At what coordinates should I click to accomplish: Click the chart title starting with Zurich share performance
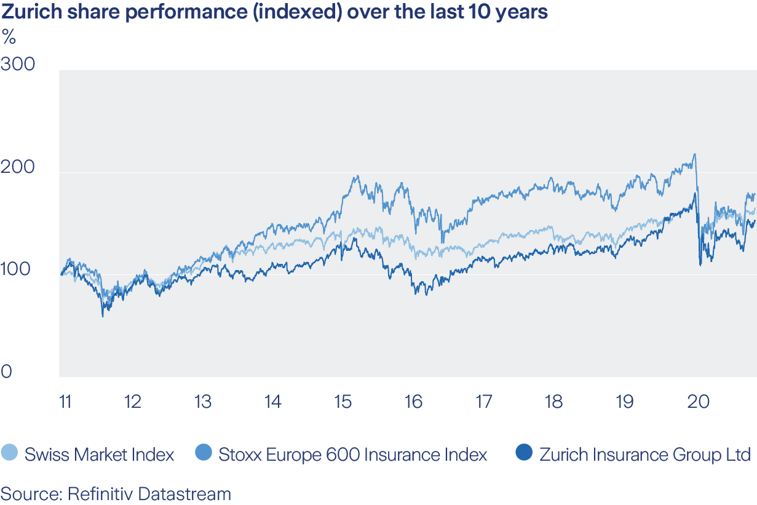coord(274,12)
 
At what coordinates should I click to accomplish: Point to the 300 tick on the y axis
coord(18,64)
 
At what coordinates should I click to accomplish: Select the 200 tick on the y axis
coord(18,167)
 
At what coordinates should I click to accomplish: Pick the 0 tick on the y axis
coord(6,372)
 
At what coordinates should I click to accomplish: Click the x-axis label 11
coord(65,402)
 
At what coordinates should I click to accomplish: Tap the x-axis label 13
coord(202,402)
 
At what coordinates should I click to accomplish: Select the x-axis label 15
coord(343,402)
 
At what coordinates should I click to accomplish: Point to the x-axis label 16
coord(413,402)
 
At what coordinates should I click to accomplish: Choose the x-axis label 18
coord(553,402)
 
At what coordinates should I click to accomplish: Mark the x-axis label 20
coord(698,402)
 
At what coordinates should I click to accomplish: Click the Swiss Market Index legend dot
coord(10,454)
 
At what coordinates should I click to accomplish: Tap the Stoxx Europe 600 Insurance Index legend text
coord(353,455)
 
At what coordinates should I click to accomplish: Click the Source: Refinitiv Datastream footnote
coord(116,493)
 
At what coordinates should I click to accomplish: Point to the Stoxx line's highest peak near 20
coord(694,154)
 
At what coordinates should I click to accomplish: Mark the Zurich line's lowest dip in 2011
coord(103,316)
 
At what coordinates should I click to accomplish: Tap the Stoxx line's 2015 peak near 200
coord(356,177)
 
